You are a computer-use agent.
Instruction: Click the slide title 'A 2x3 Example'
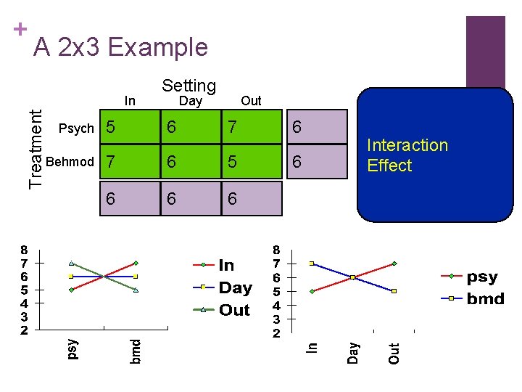point(121,47)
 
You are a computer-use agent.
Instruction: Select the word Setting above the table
point(188,86)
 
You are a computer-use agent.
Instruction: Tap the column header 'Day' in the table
point(190,101)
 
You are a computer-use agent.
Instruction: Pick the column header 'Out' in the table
point(251,101)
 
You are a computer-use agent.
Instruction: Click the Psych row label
point(76,128)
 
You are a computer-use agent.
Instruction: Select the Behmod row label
point(70,161)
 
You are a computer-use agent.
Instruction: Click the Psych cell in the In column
point(128,127)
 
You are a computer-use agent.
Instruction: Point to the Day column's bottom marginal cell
point(189,198)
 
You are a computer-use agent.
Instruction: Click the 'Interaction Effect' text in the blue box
point(407,155)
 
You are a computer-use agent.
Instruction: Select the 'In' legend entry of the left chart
point(226,266)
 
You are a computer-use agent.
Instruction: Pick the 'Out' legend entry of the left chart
point(233,310)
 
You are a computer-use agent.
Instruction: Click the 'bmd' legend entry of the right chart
point(485,298)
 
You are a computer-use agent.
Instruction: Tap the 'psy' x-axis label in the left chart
point(72,348)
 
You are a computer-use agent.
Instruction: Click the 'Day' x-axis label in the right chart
point(353,353)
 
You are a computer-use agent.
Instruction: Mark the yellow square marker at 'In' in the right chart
point(312,264)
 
